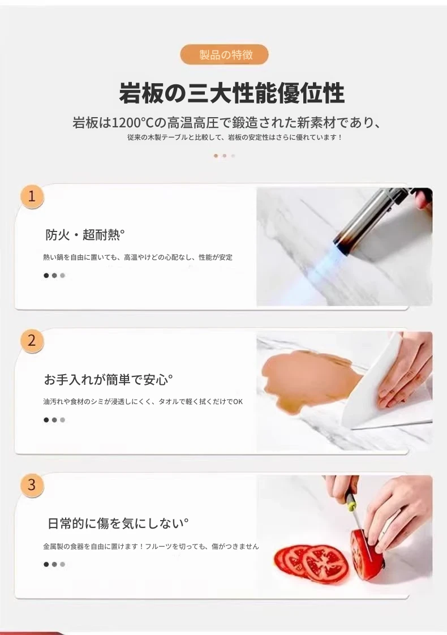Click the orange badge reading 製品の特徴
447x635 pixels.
tap(224, 55)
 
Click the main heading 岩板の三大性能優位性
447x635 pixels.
tap(232, 93)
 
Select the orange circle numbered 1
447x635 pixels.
tap(32, 196)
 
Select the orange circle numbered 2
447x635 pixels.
tap(32, 341)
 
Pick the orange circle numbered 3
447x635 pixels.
tap(32, 485)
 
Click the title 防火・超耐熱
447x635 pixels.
tap(85, 235)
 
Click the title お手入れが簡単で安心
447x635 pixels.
tap(109, 379)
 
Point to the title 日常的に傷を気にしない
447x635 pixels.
tap(118, 524)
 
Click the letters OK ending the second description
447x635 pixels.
tap(238, 402)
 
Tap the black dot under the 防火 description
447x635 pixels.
tap(46, 276)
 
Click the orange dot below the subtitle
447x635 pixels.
tap(216, 156)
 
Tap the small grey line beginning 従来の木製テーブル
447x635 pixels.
tap(235, 138)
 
